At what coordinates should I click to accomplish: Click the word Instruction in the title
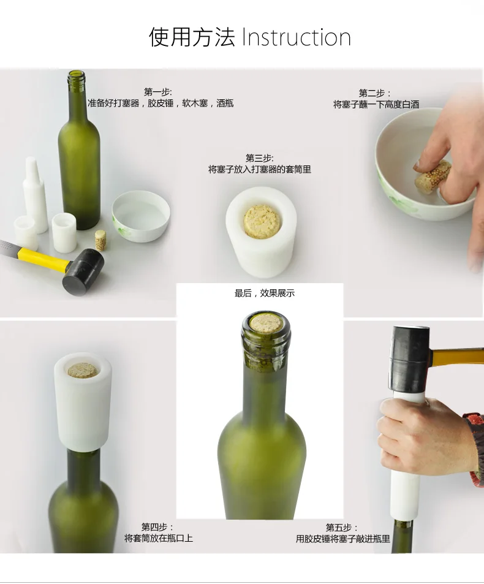pyautogui.click(x=297, y=37)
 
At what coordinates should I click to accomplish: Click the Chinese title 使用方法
pyautogui.click(x=192, y=37)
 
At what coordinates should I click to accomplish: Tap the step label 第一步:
pyautogui.click(x=158, y=92)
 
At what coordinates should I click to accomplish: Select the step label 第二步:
pyautogui.click(x=375, y=93)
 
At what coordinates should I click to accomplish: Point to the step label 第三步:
pyautogui.click(x=260, y=158)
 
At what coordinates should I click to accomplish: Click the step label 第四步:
pyautogui.click(x=157, y=528)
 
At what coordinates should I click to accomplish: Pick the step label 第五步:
pyautogui.click(x=342, y=528)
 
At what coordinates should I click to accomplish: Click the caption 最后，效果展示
pyautogui.click(x=265, y=294)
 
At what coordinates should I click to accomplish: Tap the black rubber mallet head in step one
pyautogui.click(x=83, y=272)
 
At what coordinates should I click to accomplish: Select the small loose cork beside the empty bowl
pyautogui.click(x=100, y=240)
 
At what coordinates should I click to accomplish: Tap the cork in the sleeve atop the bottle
pyautogui.click(x=83, y=370)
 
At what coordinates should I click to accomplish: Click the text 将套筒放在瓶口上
pyautogui.click(x=159, y=538)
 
